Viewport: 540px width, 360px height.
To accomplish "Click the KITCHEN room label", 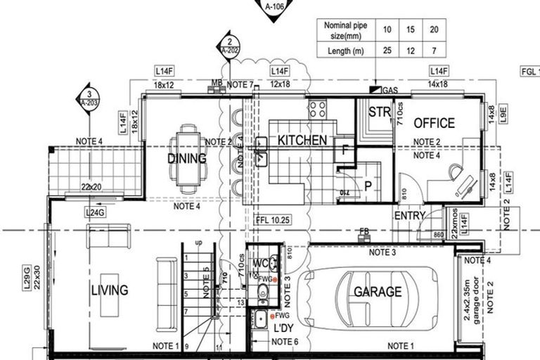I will (302, 140).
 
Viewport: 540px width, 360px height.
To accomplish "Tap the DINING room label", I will (187, 158).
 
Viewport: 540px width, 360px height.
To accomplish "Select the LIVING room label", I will (110, 290).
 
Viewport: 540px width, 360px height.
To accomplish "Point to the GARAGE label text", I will (378, 291).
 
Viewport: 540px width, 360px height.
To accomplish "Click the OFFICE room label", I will (434, 123).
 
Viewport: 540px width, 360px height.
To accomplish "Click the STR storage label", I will (379, 111).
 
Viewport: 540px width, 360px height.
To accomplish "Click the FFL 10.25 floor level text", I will (274, 219).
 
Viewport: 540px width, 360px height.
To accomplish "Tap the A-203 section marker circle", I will (88, 98).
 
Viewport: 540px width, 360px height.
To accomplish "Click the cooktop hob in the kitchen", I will (318, 108).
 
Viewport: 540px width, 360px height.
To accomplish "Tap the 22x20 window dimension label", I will (91, 187).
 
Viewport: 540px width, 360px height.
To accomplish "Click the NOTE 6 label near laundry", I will (285, 342).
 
